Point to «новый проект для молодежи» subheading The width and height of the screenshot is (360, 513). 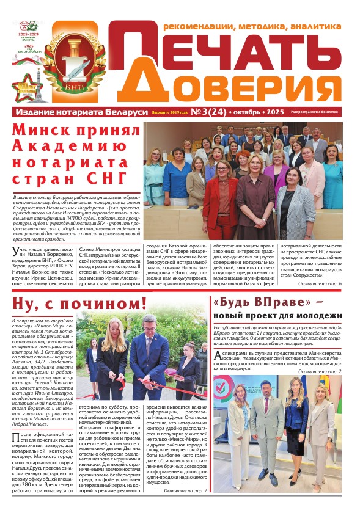(277, 316)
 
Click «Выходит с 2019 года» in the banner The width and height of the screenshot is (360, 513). (169, 113)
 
